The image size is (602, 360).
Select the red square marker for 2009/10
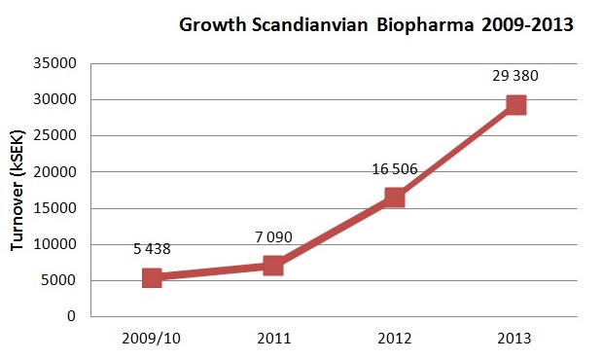[153, 277]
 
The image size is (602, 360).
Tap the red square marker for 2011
[273, 266]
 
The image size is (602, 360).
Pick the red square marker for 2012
[394, 198]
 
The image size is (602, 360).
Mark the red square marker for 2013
[515, 105]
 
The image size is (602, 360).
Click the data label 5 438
[152, 249]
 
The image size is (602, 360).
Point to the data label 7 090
[273, 236]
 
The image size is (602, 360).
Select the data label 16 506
[394, 168]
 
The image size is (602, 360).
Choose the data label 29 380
[515, 76]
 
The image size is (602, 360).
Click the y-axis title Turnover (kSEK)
[18, 189]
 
